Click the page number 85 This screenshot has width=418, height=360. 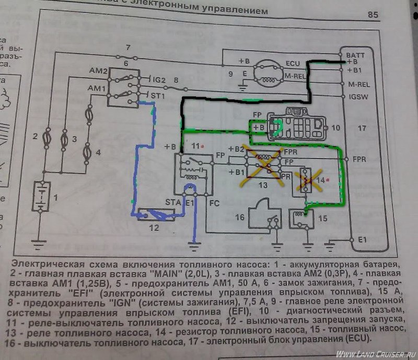click(373, 15)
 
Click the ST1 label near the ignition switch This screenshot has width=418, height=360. click(158, 97)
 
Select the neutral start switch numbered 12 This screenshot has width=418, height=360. click(153, 214)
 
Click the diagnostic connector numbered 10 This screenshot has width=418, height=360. click(296, 126)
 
